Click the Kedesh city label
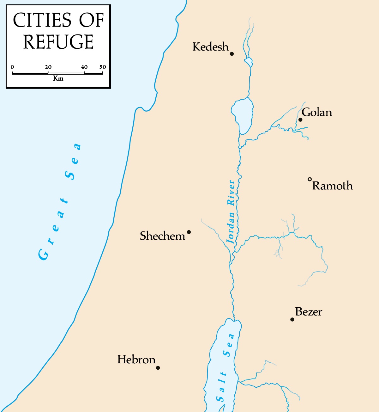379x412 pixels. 210,47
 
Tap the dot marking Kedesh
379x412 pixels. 232,54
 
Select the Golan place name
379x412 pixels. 317,112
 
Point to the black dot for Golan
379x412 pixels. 300,120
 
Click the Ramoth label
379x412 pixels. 333,186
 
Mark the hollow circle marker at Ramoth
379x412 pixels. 310,179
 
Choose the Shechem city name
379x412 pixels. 162,236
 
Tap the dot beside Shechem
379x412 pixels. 189,232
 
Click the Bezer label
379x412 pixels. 309,312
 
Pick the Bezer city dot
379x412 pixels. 292,319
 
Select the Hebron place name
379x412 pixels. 136,360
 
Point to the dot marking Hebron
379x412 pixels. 158,368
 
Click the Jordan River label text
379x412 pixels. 232,212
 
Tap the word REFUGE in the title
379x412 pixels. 58,42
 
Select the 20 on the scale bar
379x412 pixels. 48,67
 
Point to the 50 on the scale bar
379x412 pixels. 103,67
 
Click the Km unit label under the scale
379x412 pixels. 58,78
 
